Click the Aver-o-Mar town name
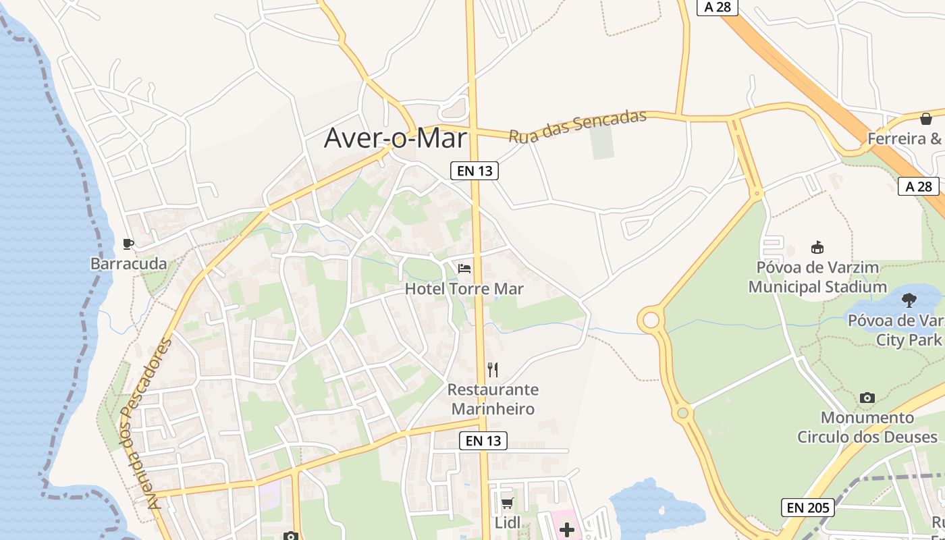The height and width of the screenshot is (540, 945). (x=396, y=138)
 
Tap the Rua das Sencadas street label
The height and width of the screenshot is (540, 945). (x=577, y=126)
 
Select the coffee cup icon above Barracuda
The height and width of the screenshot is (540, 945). (x=128, y=244)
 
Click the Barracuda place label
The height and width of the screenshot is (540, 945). (x=128, y=264)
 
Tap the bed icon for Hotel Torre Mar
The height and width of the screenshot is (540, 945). (x=464, y=269)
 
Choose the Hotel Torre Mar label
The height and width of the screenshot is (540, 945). (x=464, y=289)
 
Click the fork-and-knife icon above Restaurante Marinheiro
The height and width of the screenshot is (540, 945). (x=493, y=369)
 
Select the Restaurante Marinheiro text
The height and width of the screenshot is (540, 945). (x=493, y=399)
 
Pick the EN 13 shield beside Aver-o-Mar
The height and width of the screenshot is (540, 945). (x=475, y=171)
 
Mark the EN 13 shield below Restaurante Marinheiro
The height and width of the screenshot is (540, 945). (x=483, y=441)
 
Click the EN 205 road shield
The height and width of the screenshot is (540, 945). (x=808, y=507)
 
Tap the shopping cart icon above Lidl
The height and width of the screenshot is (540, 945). (x=507, y=503)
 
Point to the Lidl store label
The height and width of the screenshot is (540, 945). (x=508, y=523)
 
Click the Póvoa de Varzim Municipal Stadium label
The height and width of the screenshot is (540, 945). (x=817, y=277)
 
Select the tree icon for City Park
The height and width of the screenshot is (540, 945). (x=909, y=300)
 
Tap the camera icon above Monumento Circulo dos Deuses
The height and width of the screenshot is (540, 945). (x=867, y=398)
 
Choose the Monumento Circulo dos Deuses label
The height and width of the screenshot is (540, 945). (x=867, y=427)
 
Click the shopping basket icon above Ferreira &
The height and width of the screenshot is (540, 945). (x=925, y=119)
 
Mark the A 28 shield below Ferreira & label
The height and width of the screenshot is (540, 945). (x=919, y=186)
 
